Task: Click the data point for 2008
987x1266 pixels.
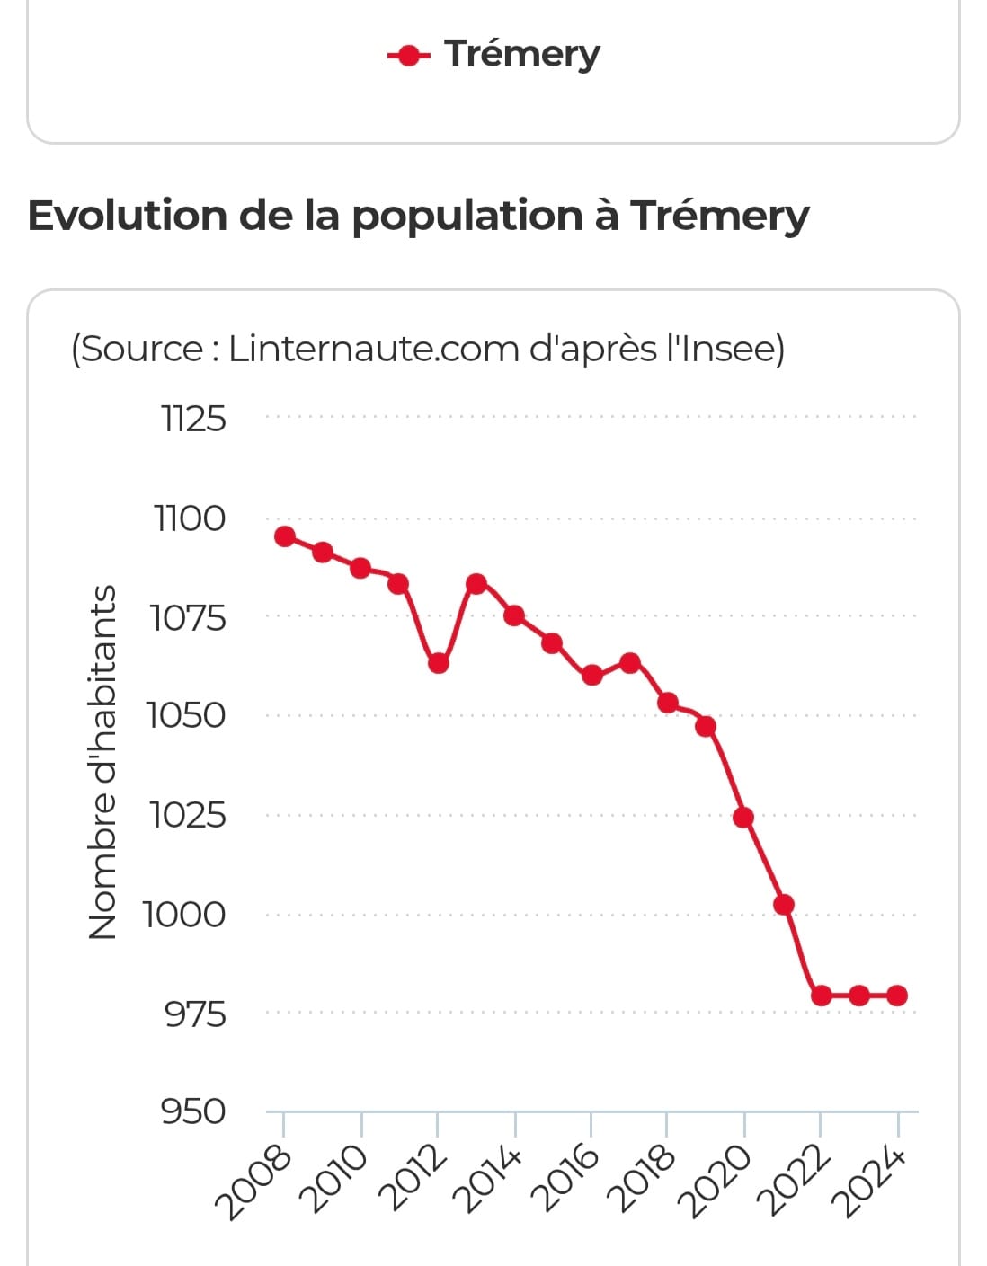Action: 285,536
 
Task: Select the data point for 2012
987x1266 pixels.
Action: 438,663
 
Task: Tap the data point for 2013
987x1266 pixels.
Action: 476,584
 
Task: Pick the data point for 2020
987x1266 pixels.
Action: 743,818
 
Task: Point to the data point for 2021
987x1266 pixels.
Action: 784,904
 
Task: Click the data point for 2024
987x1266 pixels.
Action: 897,996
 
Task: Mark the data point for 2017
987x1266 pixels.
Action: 630,663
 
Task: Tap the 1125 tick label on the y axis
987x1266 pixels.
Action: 193,419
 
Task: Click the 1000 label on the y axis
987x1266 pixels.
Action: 184,915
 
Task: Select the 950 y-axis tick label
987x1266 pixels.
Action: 193,1111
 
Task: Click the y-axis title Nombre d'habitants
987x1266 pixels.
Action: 103,762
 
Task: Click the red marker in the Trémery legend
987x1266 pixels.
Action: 409,57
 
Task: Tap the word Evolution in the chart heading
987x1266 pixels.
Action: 127,216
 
